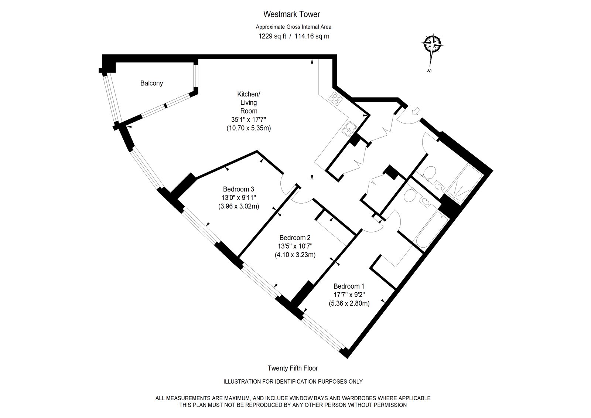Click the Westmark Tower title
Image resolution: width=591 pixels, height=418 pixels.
291,14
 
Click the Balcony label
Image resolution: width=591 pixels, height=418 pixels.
151,83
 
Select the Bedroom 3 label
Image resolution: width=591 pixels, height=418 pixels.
239,189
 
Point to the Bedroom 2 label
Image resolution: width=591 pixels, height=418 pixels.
295,238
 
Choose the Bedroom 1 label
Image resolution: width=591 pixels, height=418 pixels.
349,286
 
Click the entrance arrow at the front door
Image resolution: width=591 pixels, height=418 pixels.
416,111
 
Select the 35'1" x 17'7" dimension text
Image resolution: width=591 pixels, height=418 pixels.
249,119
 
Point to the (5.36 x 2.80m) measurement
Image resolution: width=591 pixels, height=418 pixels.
349,303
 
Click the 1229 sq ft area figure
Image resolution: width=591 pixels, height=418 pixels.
272,36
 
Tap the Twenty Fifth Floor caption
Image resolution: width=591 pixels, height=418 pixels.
293,368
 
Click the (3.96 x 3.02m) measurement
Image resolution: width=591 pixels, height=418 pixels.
239,206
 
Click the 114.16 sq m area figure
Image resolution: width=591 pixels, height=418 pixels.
312,36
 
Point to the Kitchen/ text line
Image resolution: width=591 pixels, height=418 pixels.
249,94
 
